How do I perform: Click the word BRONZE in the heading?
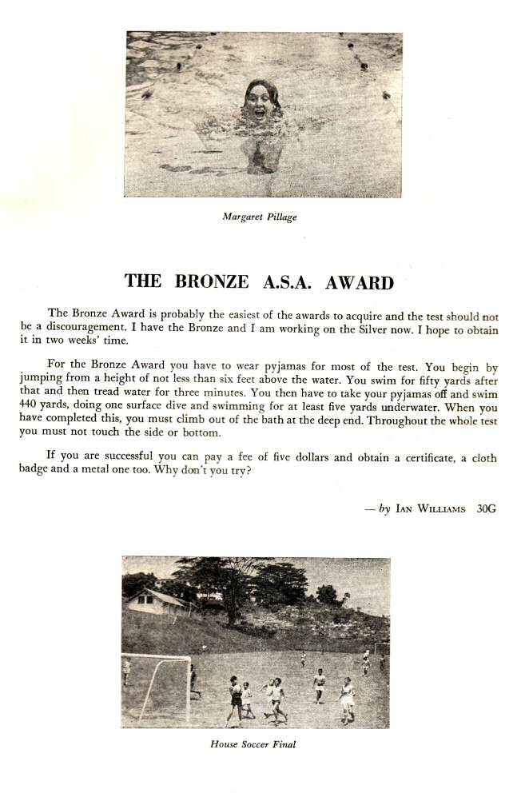[x=213, y=281]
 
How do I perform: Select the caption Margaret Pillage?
[x=259, y=217]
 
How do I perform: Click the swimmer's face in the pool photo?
[x=261, y=102]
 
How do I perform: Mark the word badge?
[x=34, y=470]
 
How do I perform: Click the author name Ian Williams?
[x=430, y=508]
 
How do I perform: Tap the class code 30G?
[x=486, y=508]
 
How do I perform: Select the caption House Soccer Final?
[x=253, y=744]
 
